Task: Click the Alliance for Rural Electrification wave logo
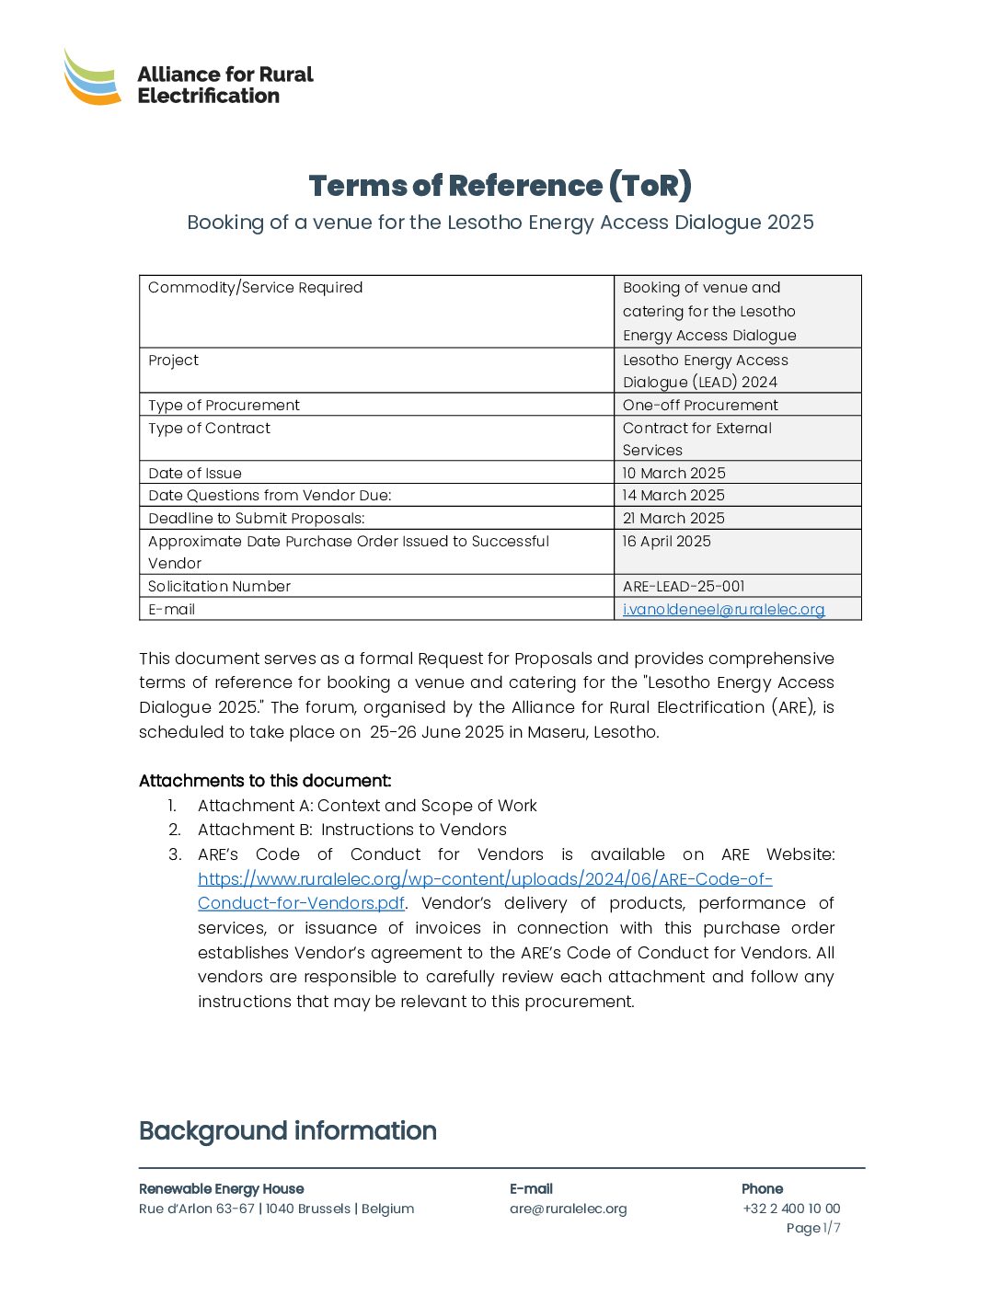[92, 77]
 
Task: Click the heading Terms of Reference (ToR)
[500, 186]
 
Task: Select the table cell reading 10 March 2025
[673, 473]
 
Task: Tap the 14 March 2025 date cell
[673, 496]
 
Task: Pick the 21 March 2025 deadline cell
[673, 519]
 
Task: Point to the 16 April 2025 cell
[667, 542]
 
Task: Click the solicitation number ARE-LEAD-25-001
[684, 587]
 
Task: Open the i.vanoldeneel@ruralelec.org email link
[723, 610]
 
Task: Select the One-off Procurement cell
[700, 406]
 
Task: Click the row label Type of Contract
[210, 429]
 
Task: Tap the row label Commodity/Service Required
[256, 288]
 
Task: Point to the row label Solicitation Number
[220, 587]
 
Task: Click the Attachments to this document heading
[265, 781]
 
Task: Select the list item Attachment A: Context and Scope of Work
[367, 806]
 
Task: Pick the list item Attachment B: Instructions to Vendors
[352, 830]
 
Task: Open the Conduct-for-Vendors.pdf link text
[301, 903]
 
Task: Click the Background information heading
[288, 1130]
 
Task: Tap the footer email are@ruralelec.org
[569, 1209]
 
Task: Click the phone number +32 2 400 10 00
[791, 1209]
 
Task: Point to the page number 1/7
[832, 1229]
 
